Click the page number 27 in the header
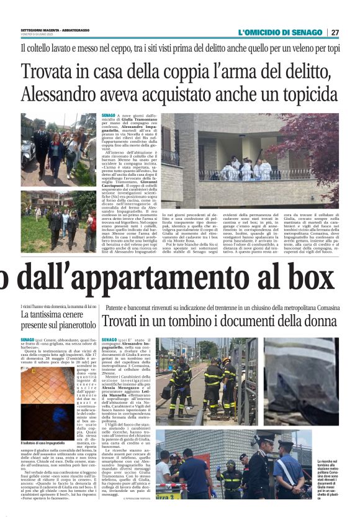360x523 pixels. pyautogui.click(x=335, y=32)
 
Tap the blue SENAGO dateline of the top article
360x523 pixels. pyautogui.click(x=109, y=116)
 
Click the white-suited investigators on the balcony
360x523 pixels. pyautogui.click(x=245, y=168)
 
